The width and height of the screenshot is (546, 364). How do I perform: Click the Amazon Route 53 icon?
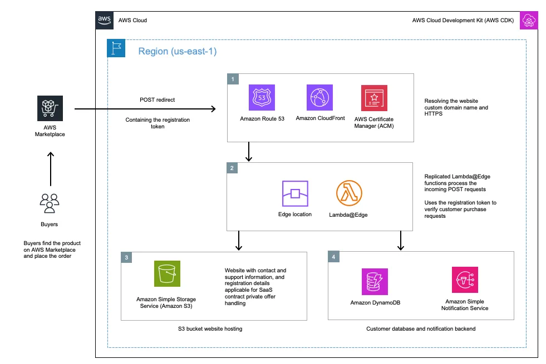(262, 98)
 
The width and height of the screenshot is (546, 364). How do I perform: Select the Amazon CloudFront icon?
(319, 98)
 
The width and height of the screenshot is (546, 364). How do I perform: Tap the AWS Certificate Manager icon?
(375, 98)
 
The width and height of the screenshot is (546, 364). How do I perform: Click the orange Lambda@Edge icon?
(350, 193)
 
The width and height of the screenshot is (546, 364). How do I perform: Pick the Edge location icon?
(295, 193)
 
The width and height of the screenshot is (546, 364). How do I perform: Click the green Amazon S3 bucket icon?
(166, 274)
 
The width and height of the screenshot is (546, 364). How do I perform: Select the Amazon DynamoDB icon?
(376, 281)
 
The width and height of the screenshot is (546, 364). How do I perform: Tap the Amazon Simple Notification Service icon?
(465, 281)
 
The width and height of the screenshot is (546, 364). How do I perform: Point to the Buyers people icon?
(50, 203)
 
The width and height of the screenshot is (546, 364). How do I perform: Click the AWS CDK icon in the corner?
(528, 21)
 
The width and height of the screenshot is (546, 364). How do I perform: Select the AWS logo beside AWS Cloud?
(104, 20)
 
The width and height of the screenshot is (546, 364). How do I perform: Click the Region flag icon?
(116, 48)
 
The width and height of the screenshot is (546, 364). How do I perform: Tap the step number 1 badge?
(232, 79)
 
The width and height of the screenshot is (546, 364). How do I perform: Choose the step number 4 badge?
(333, 258)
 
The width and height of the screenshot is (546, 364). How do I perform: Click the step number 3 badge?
(127, 258)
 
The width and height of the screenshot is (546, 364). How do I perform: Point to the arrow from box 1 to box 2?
(248, 151)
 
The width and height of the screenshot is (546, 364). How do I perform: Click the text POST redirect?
(157, 99)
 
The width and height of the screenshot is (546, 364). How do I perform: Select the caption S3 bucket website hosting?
(214, 329)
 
